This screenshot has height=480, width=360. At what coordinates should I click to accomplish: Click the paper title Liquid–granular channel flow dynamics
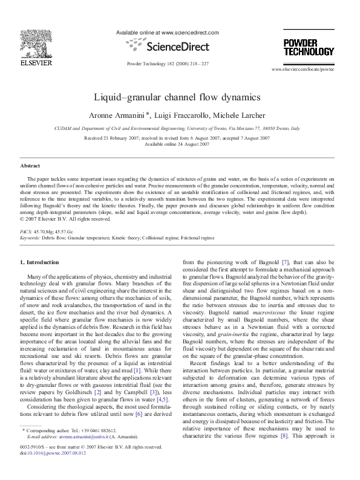coord(177,97)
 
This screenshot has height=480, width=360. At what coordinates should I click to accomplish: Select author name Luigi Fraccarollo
coord(185,114)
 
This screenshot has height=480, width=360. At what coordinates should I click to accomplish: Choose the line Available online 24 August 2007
coord(176,144)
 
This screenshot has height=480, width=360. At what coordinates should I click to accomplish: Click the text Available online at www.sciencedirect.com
coord(166,33)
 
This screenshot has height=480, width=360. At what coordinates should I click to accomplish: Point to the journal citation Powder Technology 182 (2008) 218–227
coord(166,63)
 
